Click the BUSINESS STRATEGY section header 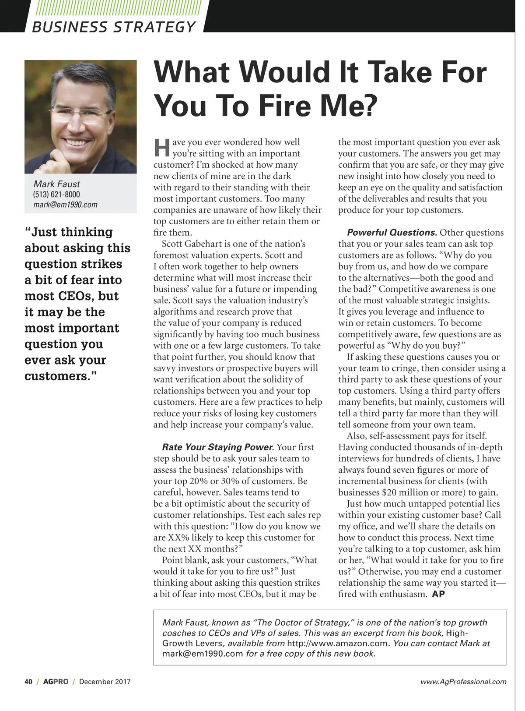point(114,27)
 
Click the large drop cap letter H point(161,148)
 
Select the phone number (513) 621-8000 point(56,195)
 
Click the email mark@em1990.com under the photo point(65,205)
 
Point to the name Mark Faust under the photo point(56,184)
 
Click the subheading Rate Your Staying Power point(218,447)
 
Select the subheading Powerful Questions point(392,233)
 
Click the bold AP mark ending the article point(438,594)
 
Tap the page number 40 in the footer point(28,682)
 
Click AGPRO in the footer point(56,682)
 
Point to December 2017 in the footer point(105,682)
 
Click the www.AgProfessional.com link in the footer point(463,682)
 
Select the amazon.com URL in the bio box point(337,644)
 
